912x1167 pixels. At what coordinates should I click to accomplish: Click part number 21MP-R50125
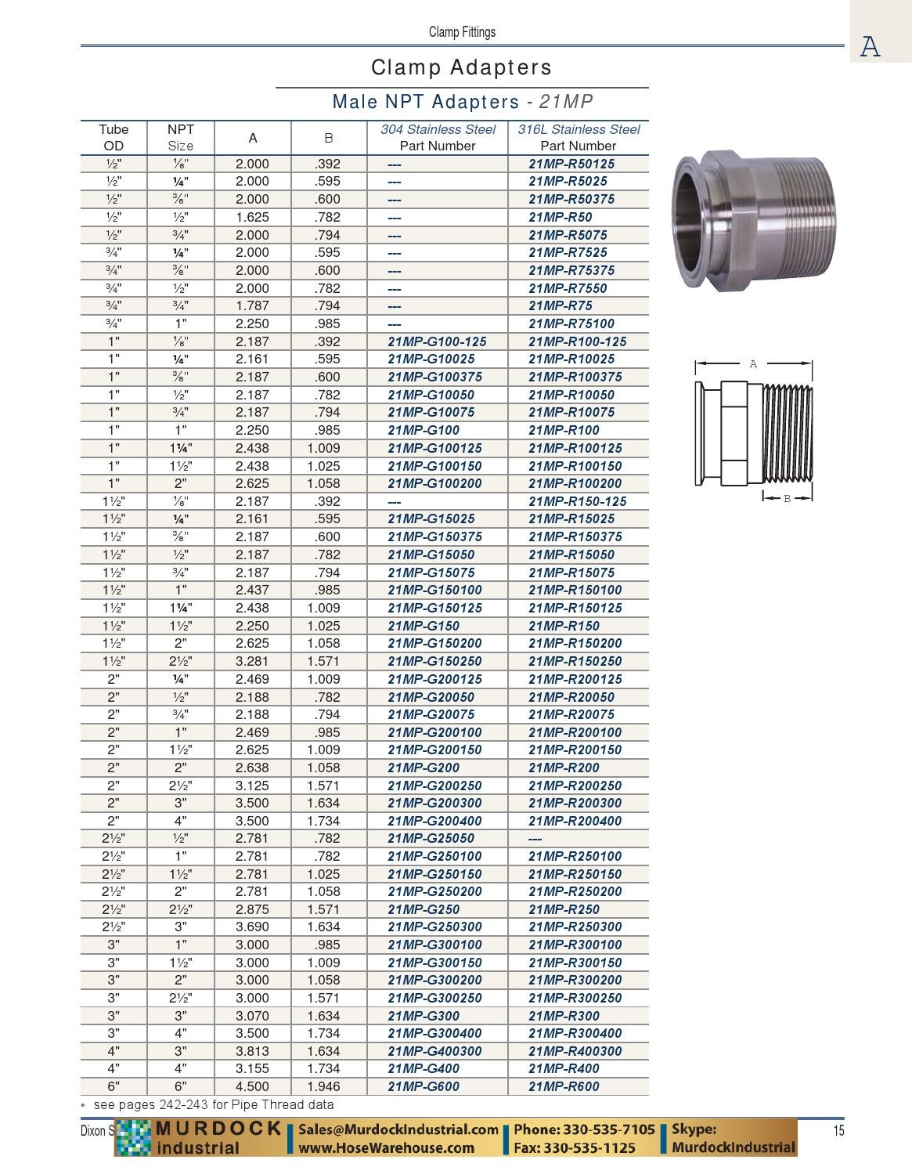pyautogui.click(x=571, y=164)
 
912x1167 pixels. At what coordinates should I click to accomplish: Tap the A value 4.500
pyautogui.click(x=252, y=1086)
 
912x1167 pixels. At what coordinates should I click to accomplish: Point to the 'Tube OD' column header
pyautogui.click(x=114, y=138)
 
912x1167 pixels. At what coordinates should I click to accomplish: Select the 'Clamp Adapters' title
pyautogui.click(x=462, y=67)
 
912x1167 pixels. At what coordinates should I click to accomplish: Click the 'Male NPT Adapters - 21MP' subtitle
pyautogui.click(x=463, y=102)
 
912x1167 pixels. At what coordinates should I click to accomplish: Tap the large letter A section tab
pyautogui.click(x=871, y=46)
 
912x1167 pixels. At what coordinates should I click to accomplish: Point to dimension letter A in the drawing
pyautogui.click(x=753, y=363)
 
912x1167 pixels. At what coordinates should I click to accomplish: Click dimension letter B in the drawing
pyautogui.click(x=788, y=498)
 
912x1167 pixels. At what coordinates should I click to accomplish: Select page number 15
pyautogui.click(x=838, y=1130)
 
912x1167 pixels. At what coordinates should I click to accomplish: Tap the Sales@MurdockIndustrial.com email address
pyautogui.click(x=398, y=1129)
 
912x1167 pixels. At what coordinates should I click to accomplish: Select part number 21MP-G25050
pyautogui.click(x=431, y=838)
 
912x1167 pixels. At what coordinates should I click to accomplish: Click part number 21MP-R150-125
pyautogui.click(x=577, y=501)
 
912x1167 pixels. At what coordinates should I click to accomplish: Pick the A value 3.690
pyautogui.click(x=252, y=927)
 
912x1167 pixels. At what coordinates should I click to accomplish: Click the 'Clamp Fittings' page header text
pyautogui.click(x=462, y=32)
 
